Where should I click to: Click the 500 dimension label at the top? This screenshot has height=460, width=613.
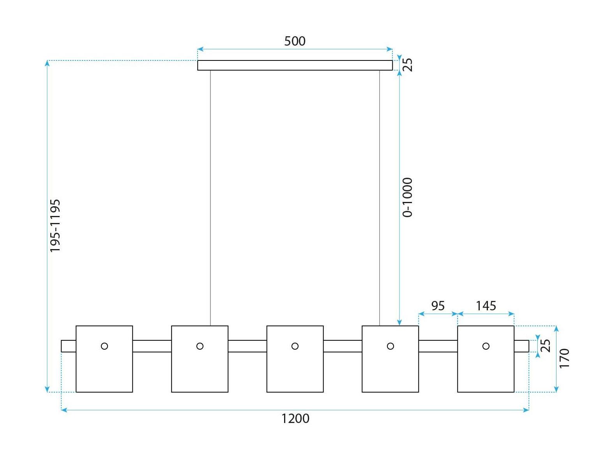pyautogui.click(x=295, y=41)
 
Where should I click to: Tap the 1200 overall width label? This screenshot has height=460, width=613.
pyautogui.click(x=295, y=419)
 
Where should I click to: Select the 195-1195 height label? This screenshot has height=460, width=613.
pyautogui.click(x=55, y=226)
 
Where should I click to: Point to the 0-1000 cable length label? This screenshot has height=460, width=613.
pyautogui.click(x=407, y=198)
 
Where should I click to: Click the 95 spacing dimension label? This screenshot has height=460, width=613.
pyautogui.click(x=438, y=306)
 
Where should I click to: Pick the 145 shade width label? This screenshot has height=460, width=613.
pyautogui.click(x=486, y=306)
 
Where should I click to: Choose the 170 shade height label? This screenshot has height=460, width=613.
pyautogui.click(x=564, y=358)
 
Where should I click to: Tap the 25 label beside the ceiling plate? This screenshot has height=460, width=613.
pyautogui.click(x=408, y=65)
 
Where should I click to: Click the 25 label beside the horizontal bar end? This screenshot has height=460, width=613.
pyautogui.click(x=546, y=346)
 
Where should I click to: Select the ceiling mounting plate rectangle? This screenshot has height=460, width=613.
pyautogui.click(x=295, y=65)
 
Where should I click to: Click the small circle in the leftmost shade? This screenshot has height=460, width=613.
pyautogui.click(x=104, y=346)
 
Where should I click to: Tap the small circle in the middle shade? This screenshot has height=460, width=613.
pyautogui.click(x=295, y=346)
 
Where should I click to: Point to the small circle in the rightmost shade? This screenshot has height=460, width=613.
pyautogui.click(x=486, y=346)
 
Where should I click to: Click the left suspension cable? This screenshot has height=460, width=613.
pyautogui.click(x=210, y=198)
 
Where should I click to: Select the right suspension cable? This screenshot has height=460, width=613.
pyautogui.click(x=380, y=198)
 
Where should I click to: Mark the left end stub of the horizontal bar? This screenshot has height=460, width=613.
pyautogui.click(x=69, y=346)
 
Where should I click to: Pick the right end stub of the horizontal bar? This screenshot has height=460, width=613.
pyautogui.click(x=521, y=346)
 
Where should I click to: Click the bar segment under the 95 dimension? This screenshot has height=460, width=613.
pyautogui.click(x=438, y=346)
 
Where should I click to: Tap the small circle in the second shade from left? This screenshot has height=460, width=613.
pyautogui.click(x=200, y=346)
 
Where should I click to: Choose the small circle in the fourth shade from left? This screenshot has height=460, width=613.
pyautogui.click(x=390, y=346)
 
